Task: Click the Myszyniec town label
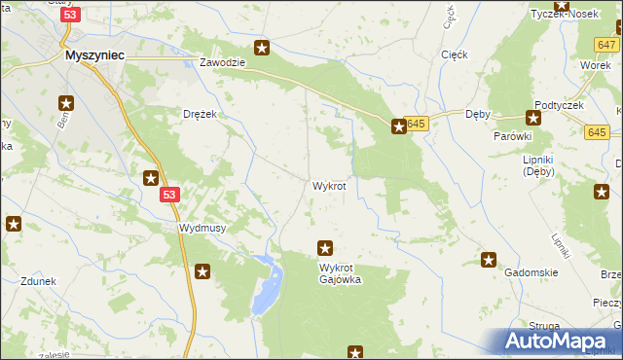(x=93, y=56)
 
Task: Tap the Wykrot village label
(x=329, y=186)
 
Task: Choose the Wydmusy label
(x=203, y=228)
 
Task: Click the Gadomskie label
(x=531, y=273)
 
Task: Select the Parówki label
(x=511, y=136)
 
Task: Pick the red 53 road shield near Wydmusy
(x=170, y=196)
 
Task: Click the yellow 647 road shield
(x=607, y=46)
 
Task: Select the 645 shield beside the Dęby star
(x=418, y=124)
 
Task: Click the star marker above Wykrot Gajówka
(x=326, y=248)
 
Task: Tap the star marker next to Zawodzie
(x=262, y=47)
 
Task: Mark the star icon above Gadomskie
(x=489, y=260)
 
